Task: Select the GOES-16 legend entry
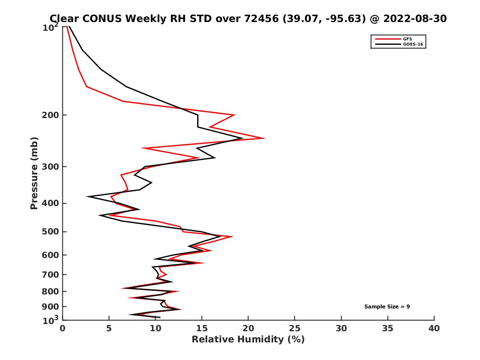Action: pyautogui.click(x=412, y=44)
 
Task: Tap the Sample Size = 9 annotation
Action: pyautogui.click(x=387, y=306)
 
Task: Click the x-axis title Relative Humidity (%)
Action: pyautogui.click(x=248, y=340)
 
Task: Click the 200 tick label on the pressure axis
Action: pyautogui.click(x=49, y=115)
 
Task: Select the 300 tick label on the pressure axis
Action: pyautogui.click(x=49, y=166)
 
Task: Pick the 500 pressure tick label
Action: pyautogui.click(x=49, y=232)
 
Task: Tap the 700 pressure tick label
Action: pyautogui.click(x=49, y=274)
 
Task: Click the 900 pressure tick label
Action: pyautogui.click(x=49, y=307)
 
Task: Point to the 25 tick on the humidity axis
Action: pyautogui.click(x=295, y=328)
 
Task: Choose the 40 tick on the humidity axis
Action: pyautogui.click(x=434, y=328)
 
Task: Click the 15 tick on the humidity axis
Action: pyautogui.click(x=202, y=328)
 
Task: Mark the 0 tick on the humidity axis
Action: pyautogui.click(x=62, y=328)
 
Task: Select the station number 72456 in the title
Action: pyautogui.click(x=260, y=18)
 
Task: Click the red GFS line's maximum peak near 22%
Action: pyautogui.click(x=264, y=138)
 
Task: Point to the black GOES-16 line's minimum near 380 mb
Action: pyautogui.click(x=88, y=196)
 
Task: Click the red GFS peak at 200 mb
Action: pyautogui.click(x=234, y=115)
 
